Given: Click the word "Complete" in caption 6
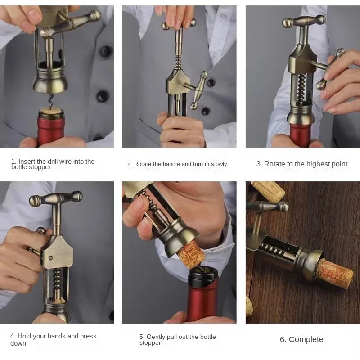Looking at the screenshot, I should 306,339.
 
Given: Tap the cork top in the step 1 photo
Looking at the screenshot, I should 50,111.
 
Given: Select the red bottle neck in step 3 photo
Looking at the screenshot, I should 300,134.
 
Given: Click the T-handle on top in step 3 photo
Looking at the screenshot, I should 303,21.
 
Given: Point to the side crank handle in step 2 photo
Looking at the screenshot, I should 198,90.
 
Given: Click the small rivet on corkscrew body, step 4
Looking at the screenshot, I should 50,258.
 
